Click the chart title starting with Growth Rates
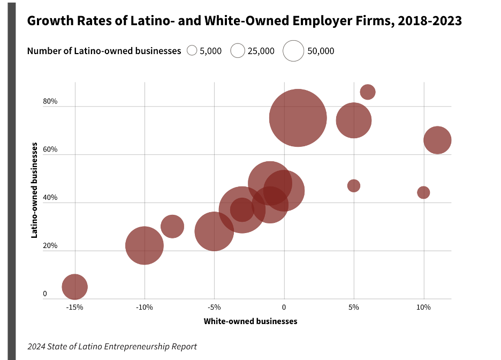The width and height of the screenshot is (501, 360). pos(244,21)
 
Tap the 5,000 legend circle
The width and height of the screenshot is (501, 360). pos(192,51)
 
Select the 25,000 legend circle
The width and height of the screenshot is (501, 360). pos(238,51)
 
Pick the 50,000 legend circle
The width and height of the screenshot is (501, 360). pos(293,51)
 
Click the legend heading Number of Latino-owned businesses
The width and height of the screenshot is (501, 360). pos(104,51)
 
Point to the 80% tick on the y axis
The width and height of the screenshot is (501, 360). pos(50,101)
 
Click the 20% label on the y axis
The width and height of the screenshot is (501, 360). pos(50,245)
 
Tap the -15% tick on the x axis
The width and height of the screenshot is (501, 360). pos(74,307)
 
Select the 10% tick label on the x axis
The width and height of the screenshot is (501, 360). pos(423,307)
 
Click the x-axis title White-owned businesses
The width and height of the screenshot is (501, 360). pos(250,321)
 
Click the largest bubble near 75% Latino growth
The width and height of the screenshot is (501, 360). pos(298,118)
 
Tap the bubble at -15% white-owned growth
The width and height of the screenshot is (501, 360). pos(75,287)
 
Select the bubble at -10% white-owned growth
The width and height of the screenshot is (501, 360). pos(145,245)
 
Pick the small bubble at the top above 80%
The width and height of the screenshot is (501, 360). pos(368,92)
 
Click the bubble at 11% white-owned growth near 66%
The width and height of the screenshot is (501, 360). pos(437,140)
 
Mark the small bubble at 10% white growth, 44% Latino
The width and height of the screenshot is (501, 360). pos(423,192)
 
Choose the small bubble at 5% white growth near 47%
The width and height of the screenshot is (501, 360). pos(354,185)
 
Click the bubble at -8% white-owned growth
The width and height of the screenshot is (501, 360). pos(172,226)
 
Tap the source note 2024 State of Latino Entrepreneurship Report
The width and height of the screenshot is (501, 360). pos(112,347)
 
